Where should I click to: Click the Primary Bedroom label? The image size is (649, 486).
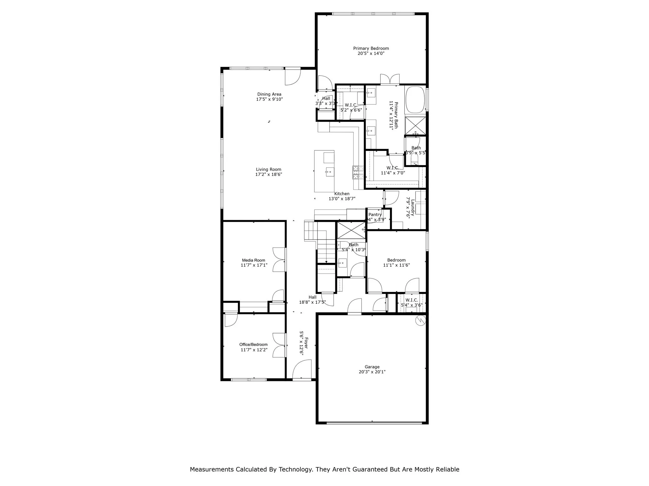click(x=371, y=48)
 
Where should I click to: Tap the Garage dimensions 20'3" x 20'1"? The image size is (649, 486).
click(x=372, y=372)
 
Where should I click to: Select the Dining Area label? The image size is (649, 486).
click(x=269, y=94)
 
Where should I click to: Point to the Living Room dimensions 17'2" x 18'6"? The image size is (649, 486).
click(x=269, y=175)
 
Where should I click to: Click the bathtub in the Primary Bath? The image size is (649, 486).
click(x=415, y=100)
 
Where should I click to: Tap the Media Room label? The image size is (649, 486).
click(x=254, y=260)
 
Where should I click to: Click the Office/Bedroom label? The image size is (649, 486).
click(x=253, y=345)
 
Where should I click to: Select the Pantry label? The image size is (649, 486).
click(x=375, y=215)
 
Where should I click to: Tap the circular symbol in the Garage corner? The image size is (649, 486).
click(x=421, y=321)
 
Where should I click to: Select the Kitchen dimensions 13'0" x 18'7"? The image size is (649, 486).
click(x=342, y=199)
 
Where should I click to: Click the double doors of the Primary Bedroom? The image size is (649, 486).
click(x=390, y=79)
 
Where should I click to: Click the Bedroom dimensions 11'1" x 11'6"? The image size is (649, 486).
click(x=396, y=265)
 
